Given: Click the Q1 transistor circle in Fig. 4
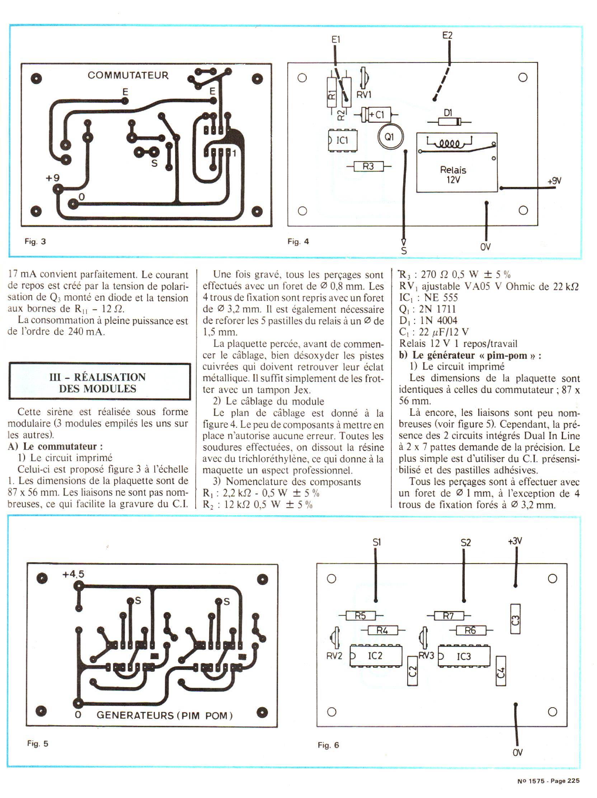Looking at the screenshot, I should pyautogui.click(x=390, y=137).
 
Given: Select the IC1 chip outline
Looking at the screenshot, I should pyautogui.click(x=342, y=140).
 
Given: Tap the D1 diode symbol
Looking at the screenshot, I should pyautogui.click(x=448, y=122).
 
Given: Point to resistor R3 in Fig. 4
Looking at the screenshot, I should pyautogui.click(x=368, y=166).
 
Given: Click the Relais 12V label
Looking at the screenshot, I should pyautogui.click(x=453, y=175).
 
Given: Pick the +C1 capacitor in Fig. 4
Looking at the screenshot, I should pyautogui.click(x=376, y=115).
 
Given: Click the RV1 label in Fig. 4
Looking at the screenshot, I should pyautogui.click(x=363, y=95).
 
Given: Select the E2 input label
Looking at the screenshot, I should pyautogui.click(x=447, y=36).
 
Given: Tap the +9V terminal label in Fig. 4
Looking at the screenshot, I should pyautogui.click(x=554, y=181).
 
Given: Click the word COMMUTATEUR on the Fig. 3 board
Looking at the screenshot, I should pyautogui.click(x=128, y=75).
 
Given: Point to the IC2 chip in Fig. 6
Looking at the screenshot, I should pyautogui.click(x=376, y=656).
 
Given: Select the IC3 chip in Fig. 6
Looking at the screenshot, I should pyautogui.click(x=464, y=656).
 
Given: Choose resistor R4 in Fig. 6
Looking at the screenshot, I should pyautogui.click(x=382, y=630).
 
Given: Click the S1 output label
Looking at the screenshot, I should pyautogui.click(x=377, y=543).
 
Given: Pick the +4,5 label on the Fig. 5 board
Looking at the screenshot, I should pyautogui.click(x=73, y=574).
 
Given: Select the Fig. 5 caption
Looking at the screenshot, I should pyautogui.click(x=38, y=743).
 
